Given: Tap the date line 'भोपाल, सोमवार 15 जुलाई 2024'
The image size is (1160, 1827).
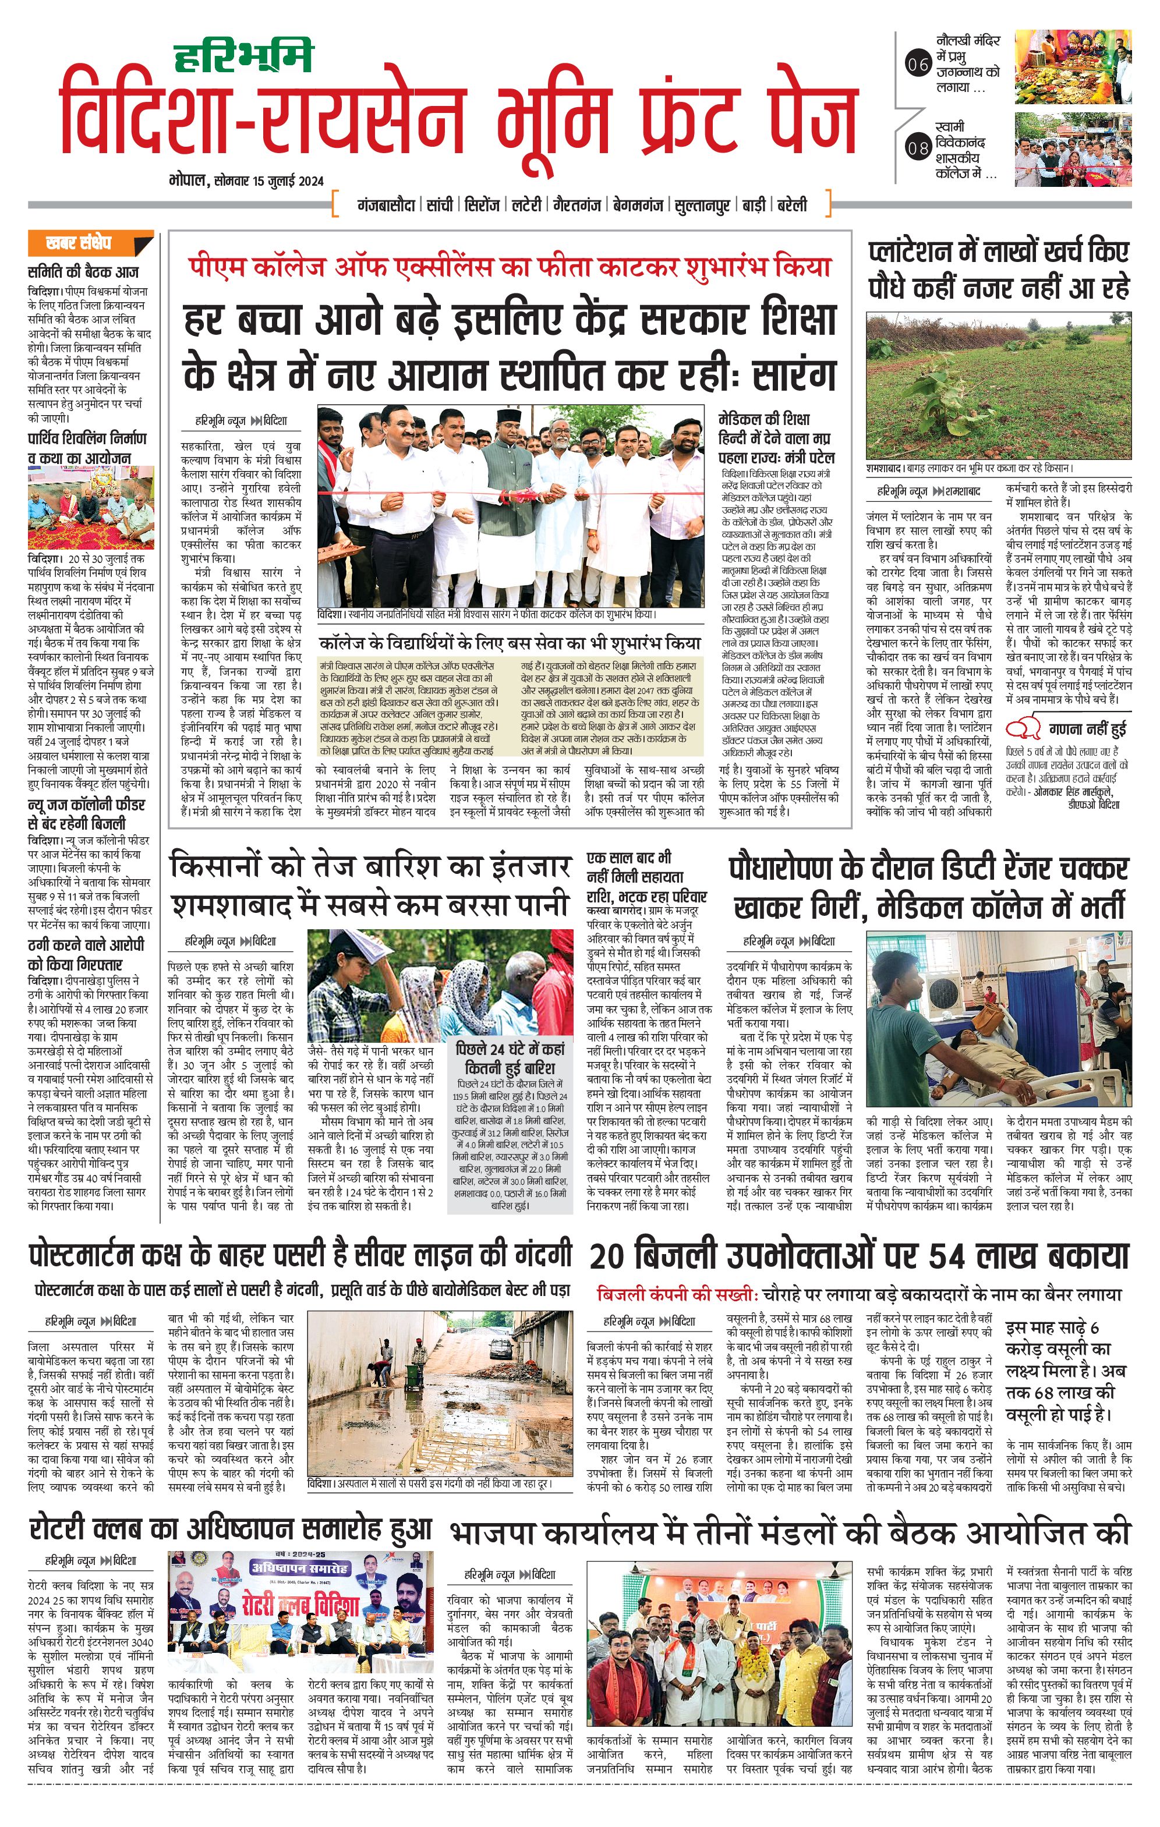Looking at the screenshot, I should (x=246, y=180).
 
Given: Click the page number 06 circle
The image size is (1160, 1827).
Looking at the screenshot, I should (x=918, y=65).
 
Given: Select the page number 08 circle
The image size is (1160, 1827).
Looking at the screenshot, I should (x=918, y=147).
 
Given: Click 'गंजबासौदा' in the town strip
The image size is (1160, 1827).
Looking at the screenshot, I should (x=386, y=205).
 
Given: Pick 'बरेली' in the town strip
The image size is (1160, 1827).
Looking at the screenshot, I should (x=791, y=205).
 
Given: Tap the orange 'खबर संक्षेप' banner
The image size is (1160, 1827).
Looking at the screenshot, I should (x=90, y=243).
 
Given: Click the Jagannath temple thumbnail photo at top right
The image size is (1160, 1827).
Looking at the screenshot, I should (x=1072, y=68).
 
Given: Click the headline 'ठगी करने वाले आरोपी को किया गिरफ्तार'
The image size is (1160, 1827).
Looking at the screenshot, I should (x=86, y=954).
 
